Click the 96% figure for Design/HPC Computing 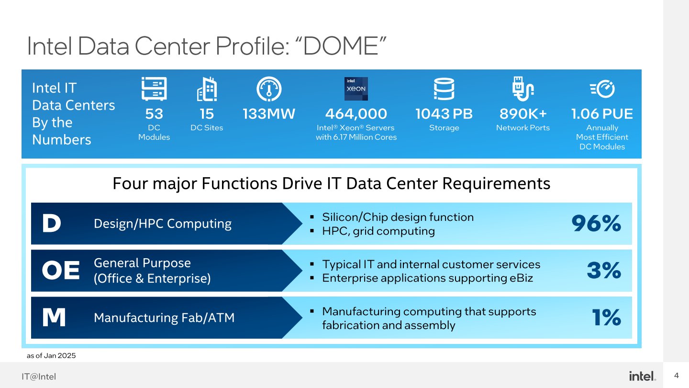tap(596, 224)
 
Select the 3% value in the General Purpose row tap(604, 271)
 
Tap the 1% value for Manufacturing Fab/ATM tap(606, 318)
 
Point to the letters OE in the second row tap(61, 271)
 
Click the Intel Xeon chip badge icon tap(356, 89)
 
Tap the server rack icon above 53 tap(154, 89)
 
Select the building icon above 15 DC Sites tap(207, 89)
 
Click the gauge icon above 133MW tap(269, 89)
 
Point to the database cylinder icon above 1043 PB tap(444, 89)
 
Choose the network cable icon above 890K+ tap(522, 89)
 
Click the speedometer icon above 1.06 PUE tap(602, 89)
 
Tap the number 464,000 tap(356, 114)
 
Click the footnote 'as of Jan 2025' tap(51, 356)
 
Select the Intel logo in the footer tap(642, 376)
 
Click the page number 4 tap(677, 375)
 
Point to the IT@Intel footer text tap(39, 377)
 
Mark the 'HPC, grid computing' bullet tap(378, 231)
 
